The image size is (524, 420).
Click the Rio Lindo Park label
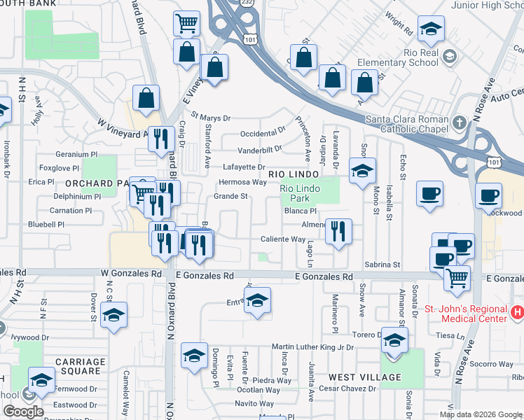(x=300, y=192)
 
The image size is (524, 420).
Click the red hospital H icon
(x=517, y=311)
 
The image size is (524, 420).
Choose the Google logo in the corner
(x=23, y=411)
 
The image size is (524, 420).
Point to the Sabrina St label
(x=386, y=265)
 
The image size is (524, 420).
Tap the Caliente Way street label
(x=283, y=239)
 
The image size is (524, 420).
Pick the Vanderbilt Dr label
(x=258, y=149)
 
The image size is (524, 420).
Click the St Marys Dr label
(x=210, y=118)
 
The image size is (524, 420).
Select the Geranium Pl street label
(x=77, y=154)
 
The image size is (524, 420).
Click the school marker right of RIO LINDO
(x=362, y=171)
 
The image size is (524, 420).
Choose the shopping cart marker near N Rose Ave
(x=457, y=279)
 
